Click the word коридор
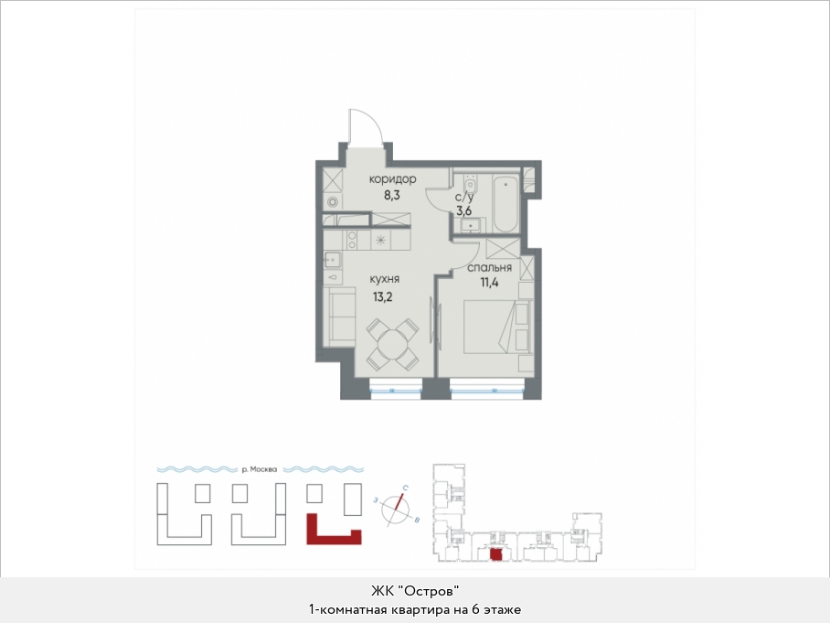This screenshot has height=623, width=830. click(392, 179)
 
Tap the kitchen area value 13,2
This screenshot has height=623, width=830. click(383, 296)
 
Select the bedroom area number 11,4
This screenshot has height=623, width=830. click(489, 282)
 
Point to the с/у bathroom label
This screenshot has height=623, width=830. click(464, 198)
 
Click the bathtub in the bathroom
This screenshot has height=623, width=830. click(506, 203)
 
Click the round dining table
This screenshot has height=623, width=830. click(392, 343)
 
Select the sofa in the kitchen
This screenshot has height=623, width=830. click(339, 317)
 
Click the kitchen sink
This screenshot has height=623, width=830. click(333, 260)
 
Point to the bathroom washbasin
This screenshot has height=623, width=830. click(470, 225)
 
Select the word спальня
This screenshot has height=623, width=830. click(489, 267)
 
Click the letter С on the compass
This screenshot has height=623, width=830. click(405, 488)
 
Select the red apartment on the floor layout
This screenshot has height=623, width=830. click(496, 554)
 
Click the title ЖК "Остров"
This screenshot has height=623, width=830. click(414, 590)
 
